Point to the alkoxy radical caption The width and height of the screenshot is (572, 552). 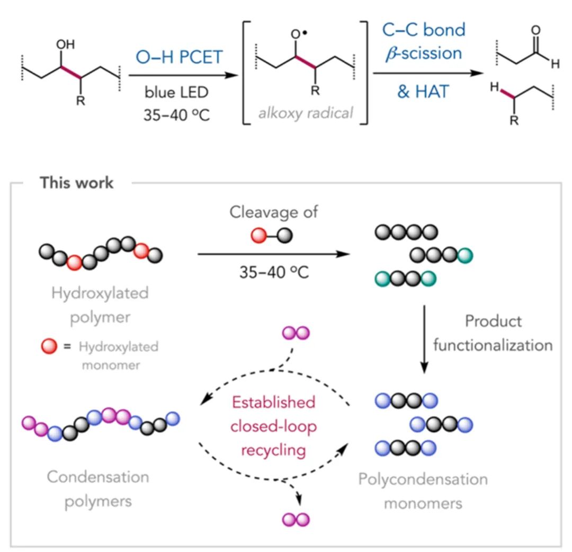307,113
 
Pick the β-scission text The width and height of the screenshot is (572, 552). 423,52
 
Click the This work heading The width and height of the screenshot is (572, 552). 76,183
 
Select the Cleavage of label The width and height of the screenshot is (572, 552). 274,212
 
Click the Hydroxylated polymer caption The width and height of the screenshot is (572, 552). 100,302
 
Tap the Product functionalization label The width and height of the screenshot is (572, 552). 493,333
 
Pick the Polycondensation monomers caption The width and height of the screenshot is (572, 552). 423,491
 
